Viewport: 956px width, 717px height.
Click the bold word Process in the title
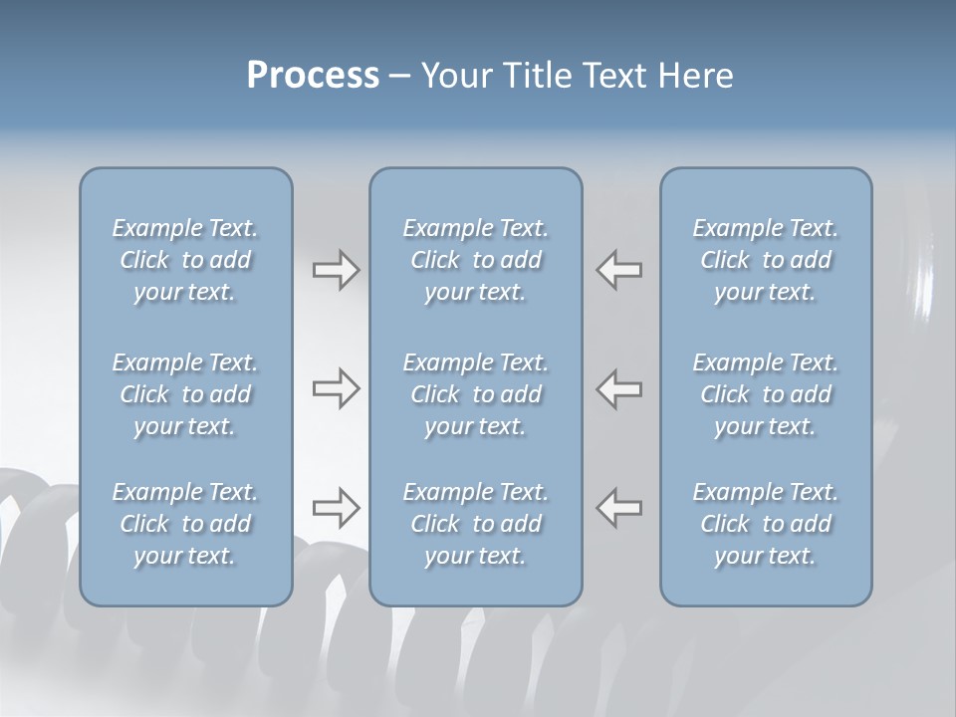coord(313,76)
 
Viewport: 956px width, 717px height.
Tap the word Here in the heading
coord(694,76)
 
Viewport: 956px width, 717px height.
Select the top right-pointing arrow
coord(336,270)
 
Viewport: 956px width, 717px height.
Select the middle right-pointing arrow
coord(336,388)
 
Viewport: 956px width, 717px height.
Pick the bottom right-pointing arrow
coord(336,508)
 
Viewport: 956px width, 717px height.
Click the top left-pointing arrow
coord(618,270)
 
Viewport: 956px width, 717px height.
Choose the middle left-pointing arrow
coord(618,388)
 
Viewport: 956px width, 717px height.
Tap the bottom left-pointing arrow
coord(618,508)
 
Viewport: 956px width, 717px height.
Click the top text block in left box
coord(185,260)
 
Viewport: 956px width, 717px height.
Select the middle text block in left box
coord(185,394)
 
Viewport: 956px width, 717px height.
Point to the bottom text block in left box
coord(185,524)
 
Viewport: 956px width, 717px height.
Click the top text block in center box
coord(476,260)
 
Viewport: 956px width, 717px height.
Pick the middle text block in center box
coord(476,394)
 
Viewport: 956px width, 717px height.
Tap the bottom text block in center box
coord(476,524)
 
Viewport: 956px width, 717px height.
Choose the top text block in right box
coord(766,260)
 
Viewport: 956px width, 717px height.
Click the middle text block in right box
coord(766,394)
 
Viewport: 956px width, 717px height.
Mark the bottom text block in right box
coord(766,524)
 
